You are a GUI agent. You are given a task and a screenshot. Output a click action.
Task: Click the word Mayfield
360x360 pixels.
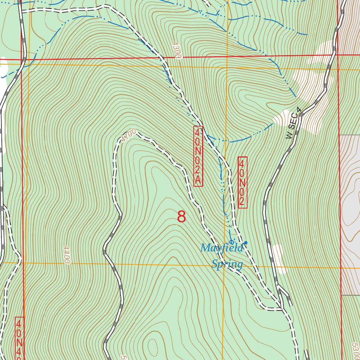[x=221, y=248]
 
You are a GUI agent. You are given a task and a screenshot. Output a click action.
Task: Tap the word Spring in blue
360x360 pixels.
[x=227, y=264]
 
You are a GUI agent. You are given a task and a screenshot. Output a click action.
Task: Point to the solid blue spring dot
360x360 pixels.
[x=246, y=243]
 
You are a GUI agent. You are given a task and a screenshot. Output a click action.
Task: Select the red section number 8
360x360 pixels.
[x=181, y=217]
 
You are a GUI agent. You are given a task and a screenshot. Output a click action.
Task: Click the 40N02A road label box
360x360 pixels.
[x=198, y=156]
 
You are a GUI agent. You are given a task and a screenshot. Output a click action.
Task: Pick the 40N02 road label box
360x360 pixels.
[x=243, y=182]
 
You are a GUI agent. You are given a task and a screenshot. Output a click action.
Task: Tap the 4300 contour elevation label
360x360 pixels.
[x=176, y=50]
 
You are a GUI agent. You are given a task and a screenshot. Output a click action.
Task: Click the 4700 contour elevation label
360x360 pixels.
[x=128, y=135]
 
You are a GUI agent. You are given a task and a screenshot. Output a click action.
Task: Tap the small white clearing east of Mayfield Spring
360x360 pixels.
[x=280, y=258]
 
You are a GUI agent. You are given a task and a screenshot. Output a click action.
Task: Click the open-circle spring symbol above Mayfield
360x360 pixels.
[x=231, y=242]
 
